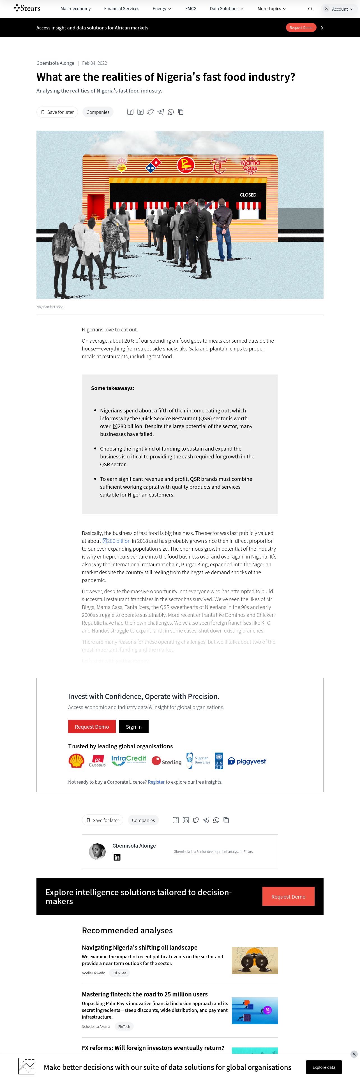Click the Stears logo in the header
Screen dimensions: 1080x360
click(x=27, y=8)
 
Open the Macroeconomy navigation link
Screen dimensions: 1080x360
click(x=75, y=8)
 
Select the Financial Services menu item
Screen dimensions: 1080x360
click(x=121, y=8)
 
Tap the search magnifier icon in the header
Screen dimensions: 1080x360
click(x=310, y=9)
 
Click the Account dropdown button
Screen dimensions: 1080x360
click(x=338, y=9)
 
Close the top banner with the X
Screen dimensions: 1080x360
click(x=322, y=28)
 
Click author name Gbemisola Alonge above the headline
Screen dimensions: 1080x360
click(x=55, y=63)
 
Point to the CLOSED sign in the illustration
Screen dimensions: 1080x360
click(x=248, y=195)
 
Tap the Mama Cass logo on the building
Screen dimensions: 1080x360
click(x=250, y=165)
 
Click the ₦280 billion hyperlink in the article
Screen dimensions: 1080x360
click(x=117, y=541)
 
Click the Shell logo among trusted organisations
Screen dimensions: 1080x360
click(x=76, y=761)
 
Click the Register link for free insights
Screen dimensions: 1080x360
click(x=156, y=782)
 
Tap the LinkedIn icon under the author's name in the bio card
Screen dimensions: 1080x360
click(x=117, y=857)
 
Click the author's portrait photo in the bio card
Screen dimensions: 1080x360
click(x=98, y=851)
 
